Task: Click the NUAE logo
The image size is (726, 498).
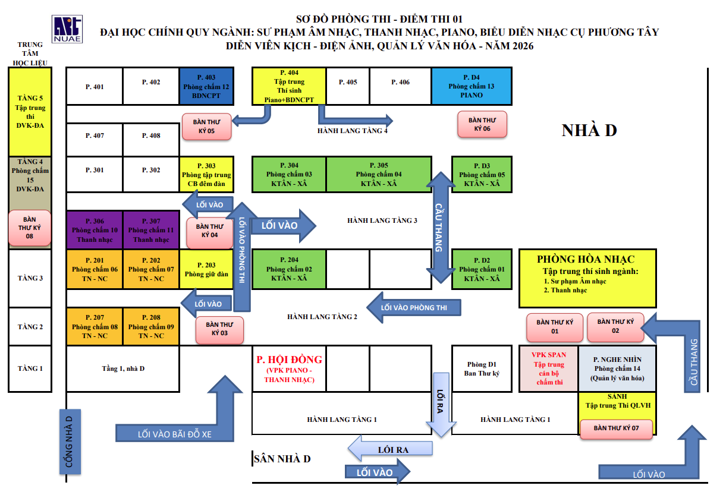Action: click(x=67, y=29)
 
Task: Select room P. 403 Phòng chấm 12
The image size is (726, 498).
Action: click(x=206, y=86)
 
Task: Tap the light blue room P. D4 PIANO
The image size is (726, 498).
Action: click(x=472, y=86)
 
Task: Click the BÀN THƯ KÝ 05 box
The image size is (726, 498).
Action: click(x=207, y=127)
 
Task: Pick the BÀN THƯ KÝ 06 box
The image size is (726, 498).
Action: click(x=482, y=124)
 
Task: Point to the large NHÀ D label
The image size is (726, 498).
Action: click(x=589, y=130)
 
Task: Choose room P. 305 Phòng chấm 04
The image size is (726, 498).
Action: click(x=379, y=174)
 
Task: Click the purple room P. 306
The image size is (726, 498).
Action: click(x=95, y=230)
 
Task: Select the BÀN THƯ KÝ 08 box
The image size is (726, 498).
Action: click(x=30, y=228)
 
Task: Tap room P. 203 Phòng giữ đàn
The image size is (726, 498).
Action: click(x=206, y=269)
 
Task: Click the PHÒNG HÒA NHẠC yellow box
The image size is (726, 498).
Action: click(x=587, y=278)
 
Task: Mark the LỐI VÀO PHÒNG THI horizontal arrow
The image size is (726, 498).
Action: click(x=414, y=307)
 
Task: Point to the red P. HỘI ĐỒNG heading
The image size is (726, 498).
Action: click(x=289, y=360)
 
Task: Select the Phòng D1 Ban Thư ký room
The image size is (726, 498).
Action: click(x=482, y=368)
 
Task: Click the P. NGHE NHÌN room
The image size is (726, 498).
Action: click(x=617, y=368)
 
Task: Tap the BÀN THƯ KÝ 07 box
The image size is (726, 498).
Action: click(x=616, y=428)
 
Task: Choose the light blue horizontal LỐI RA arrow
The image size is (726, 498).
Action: click(x=390, y=449)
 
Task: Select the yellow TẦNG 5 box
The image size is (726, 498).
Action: click(x=30, y=112)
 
